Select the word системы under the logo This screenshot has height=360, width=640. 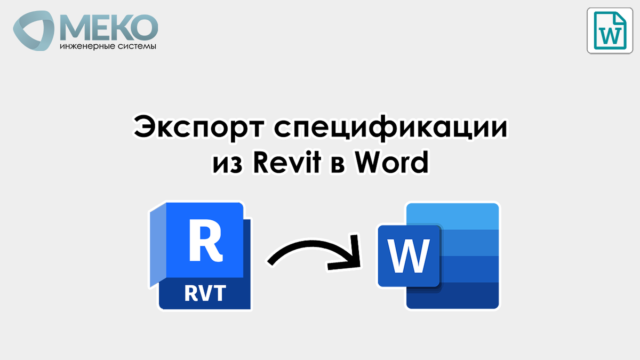pyautogui.click(x=135, y=47)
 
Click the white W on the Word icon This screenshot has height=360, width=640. pyautogui.click(x=409, y=256)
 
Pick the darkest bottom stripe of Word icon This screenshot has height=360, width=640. pyautogui.click(x=469, y=295)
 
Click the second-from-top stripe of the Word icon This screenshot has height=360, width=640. pyautogui.click(x=469, y=243)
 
